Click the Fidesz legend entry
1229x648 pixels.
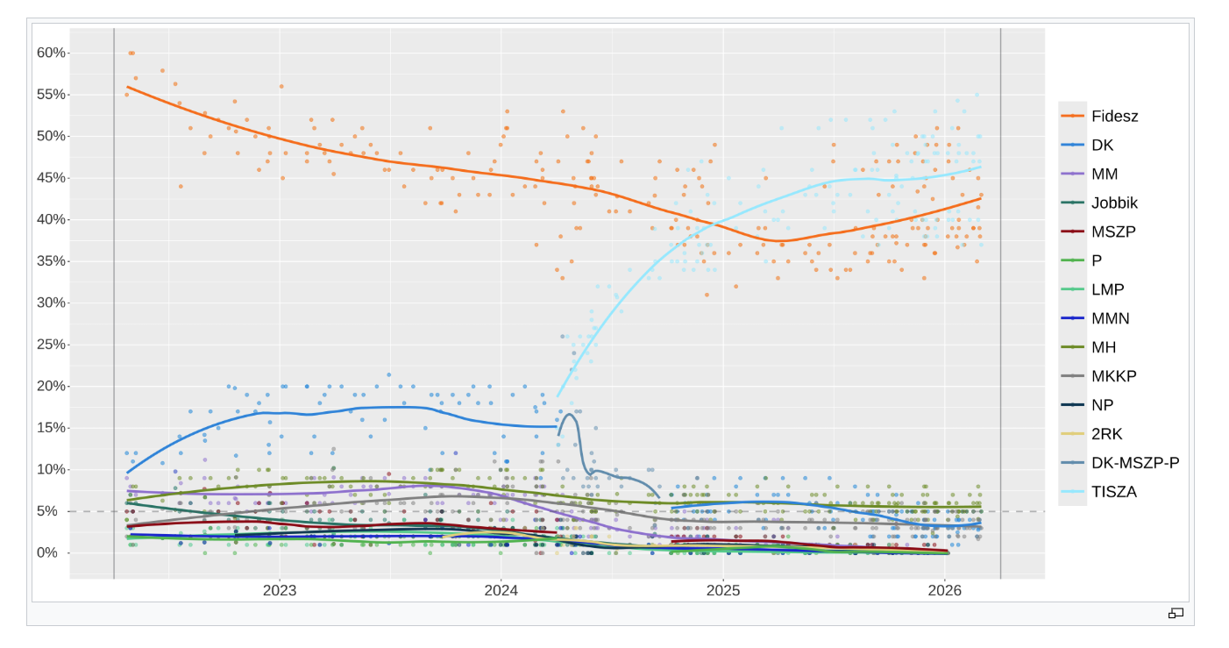pyautogui.click(x=1114, y=116)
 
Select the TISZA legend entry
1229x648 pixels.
pyautogui.click(x=1113, y=492)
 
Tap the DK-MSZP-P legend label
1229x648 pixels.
pyautogui.click(x=1134, y=463)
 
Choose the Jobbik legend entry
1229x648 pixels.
pyautogui.click(x=1114, y=203)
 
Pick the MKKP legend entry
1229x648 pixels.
pyautogui.click(x=1114, y=376)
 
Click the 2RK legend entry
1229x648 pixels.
pyautogui.click(x=1106, y=434)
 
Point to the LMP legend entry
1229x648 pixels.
pyautogui.click(x=1107, y=289)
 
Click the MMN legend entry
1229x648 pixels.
pyautogui.click(x=1110, y=318)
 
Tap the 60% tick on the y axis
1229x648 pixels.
pyautogui.click(x=51, y=53)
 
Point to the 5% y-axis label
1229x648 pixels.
pyautogui.click(x=47, y=511)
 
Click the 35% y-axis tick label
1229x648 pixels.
pyautogui.click(x=51, y=261)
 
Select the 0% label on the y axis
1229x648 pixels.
pyautogui.click(x=47, y=553)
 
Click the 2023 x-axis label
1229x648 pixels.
pyautogui.click(x=280, y=591)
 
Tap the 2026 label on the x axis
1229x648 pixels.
pyautogui.click(x=945, y=591)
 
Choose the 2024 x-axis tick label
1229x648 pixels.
pyautogui.click(x=501, y=591)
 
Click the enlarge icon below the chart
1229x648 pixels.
pyautogui.click(x=1176, y=613)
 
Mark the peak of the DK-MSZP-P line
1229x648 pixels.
pyautogui.click(x=570, y=414)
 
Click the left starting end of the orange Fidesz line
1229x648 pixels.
pyautogui.click(x=127, y=86)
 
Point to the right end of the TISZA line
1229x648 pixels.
pyautogui.click(x=981, y=166)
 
